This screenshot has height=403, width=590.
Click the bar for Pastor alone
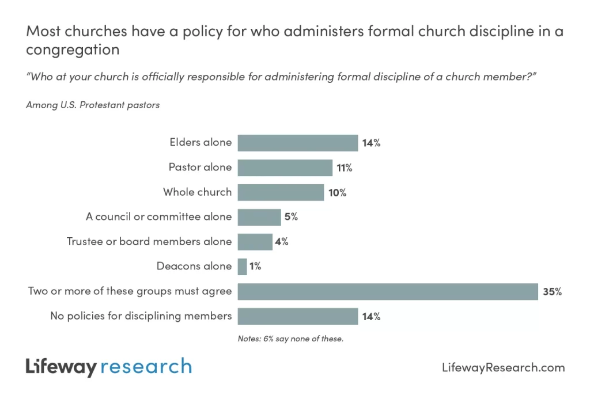pos(285,168)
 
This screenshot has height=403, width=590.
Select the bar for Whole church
pos(281,192)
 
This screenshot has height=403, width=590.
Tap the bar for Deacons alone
pos(242,267)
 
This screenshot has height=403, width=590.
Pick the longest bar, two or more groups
pos(387,291)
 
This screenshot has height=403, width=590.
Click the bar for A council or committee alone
pos(259,217)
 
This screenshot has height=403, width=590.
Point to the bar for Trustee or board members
pos(255,242)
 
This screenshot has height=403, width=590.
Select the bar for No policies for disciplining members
pos(297,316)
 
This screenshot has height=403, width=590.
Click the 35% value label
pos(551,292)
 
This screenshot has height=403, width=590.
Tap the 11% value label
pos(345,168)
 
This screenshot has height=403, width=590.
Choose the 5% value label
pos(291,218)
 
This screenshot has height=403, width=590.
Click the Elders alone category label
pos(201,142)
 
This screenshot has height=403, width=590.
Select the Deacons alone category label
pos(194,266)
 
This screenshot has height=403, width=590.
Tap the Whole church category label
pos(197,192)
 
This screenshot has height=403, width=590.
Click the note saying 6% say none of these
pos(290,339)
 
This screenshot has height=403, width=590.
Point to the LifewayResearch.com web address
pos(503,367)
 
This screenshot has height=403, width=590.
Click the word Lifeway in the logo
pos(60,367)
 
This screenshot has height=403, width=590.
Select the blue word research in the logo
pos(146,367)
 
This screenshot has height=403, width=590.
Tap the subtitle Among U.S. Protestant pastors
pos(93,105)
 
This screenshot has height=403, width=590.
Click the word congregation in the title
pos(73,50)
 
